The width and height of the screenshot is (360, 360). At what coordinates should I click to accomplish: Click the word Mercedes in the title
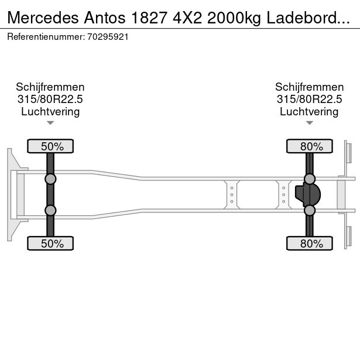click(43, 18)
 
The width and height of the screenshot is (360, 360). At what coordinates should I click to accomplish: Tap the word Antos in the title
click(105, 18)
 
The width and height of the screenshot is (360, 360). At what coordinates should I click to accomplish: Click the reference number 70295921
click(108, 37)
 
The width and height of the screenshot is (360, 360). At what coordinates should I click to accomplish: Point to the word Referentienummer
click(46, 37)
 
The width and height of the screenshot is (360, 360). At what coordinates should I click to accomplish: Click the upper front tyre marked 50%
click(50, 146)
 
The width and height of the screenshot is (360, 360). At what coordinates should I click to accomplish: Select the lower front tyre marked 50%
click(50, 244)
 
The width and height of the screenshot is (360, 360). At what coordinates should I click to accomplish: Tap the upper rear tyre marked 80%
click(310, 146)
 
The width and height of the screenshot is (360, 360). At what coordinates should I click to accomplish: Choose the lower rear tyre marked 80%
click(310, 244)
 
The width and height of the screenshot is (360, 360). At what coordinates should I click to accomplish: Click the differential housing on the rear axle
click(308, 194)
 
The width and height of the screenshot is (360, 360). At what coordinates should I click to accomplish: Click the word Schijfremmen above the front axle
click(50, 87)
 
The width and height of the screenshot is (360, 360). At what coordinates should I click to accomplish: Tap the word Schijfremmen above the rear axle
click(310, 87)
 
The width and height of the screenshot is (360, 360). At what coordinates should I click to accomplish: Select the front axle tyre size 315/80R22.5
click(50, 100)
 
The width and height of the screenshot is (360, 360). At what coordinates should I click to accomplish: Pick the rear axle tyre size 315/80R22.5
click(309, 100)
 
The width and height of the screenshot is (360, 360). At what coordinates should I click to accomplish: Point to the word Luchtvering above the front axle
click(50, 112)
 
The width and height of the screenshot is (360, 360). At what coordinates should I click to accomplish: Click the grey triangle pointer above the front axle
click(50, 123)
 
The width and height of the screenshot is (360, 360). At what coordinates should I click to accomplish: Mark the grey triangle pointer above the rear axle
click(310, 123)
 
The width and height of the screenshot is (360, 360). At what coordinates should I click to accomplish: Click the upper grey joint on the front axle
click(50, 179)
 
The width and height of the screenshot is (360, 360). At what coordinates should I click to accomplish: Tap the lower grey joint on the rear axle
click(310, 210)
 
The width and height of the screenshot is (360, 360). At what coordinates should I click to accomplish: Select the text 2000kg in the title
click(234, 18)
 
